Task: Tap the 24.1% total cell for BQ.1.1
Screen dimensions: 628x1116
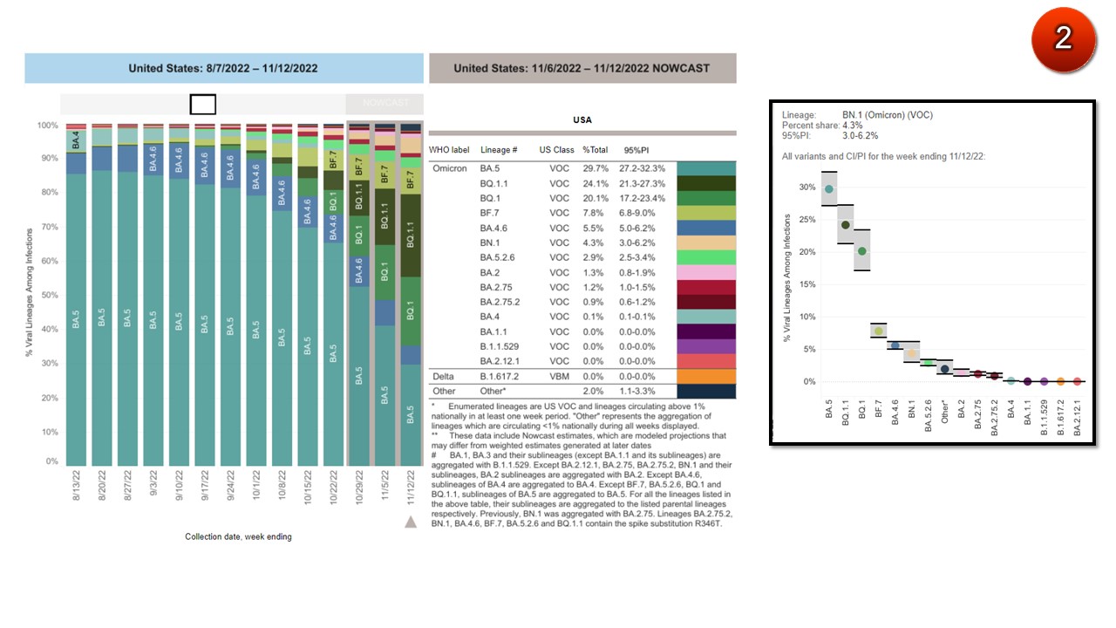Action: pos(595,184)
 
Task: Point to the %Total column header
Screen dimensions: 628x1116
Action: pos(595,150)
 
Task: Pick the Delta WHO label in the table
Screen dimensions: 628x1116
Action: pos(445,377)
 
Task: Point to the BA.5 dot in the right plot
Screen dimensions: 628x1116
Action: pos(829,189)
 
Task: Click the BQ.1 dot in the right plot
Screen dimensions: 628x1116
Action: pos(862,251)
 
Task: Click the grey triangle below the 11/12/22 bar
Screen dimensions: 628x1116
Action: pos(411,522)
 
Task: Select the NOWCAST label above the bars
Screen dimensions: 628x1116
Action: pos(384,103)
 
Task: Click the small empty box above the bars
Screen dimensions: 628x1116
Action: pos(202,105)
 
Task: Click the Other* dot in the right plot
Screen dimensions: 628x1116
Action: pos(945,369)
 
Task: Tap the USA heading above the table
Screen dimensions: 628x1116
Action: pos(582,120)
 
